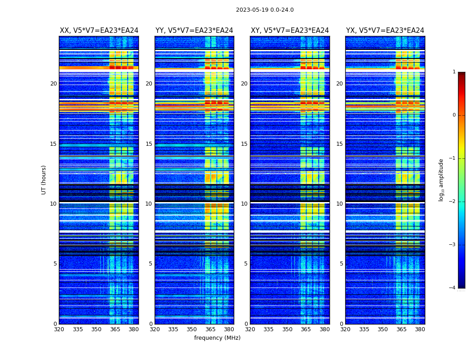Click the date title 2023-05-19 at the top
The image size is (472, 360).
tap(264, 10)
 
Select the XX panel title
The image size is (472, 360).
tap(99, 31)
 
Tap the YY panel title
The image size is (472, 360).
tap(194, 31)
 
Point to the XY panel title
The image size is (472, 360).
tap(289, 31)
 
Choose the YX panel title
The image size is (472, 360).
tap(385, 31)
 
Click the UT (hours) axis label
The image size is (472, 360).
tap(44, 180)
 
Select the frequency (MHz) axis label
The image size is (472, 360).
tap(217, 338)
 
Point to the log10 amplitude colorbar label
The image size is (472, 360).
tap(441, 180)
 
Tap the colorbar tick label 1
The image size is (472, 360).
tap(454, 72)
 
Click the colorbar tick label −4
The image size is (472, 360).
tap(452, 288)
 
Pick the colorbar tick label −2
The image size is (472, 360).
tap(452, 202)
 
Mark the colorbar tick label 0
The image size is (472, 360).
tap(454, 115)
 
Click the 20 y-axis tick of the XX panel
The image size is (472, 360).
tap(53, 84)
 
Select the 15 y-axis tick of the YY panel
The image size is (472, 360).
tap(149, 144)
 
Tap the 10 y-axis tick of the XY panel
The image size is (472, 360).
tap(244, 204)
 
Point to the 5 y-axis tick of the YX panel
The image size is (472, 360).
tap(341, 264)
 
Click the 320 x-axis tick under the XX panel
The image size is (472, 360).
tap(59, 329)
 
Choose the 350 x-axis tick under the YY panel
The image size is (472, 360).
tap(191, 329)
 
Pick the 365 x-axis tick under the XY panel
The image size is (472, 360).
tap(306, 329)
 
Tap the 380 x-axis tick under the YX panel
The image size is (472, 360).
tap(420, 329)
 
